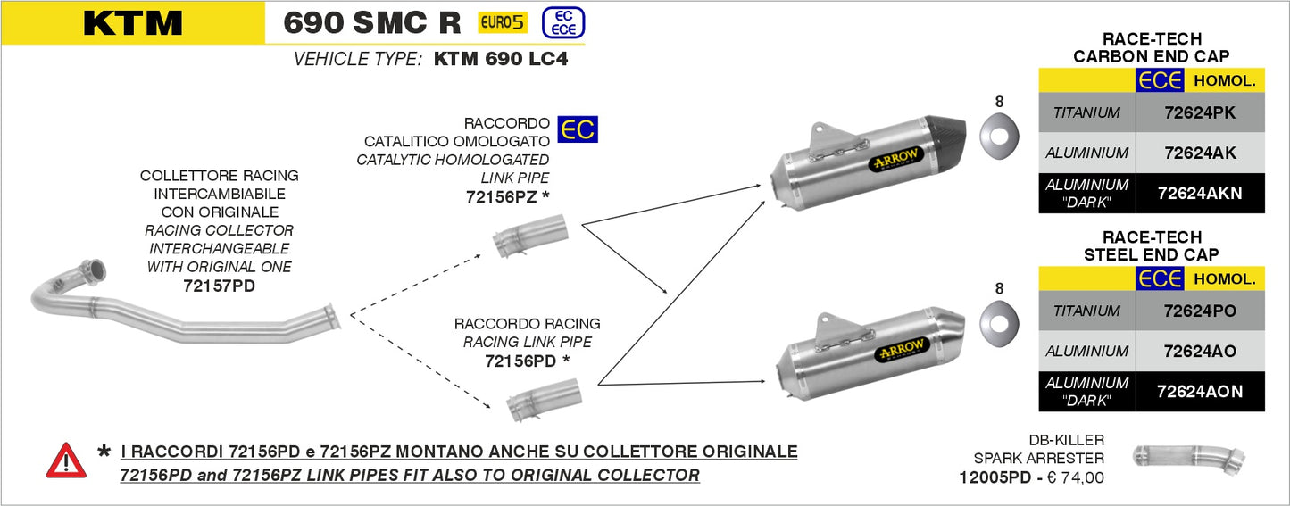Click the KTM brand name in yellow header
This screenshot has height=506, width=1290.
coord(132,23)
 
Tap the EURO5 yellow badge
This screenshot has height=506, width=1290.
coord(503,22)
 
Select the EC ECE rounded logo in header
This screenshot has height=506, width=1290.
coord(563,22)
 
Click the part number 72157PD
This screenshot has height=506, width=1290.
coord(219,286)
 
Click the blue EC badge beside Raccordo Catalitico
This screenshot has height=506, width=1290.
coord(577,129)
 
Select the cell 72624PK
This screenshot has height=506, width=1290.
coord(1200,113)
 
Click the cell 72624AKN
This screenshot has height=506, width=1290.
coord(1200,193)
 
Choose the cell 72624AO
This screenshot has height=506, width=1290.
coord(1200,352)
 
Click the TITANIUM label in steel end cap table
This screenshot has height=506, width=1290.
coord(1086,311)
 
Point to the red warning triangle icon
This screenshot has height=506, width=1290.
coord(66,460)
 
